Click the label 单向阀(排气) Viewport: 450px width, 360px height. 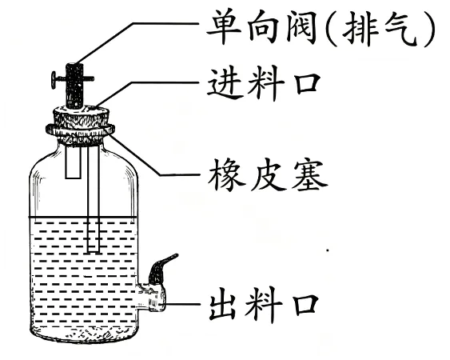click(321, 28)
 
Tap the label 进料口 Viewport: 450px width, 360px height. click(264, 83)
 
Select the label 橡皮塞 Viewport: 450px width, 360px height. click(268, 174)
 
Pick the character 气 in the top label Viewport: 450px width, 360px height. click(401, 29)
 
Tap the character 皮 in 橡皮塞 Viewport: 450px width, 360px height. click(268, 174)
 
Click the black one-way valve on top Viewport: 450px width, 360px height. click(74, 86)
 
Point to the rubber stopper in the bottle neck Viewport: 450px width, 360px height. click(81, 126)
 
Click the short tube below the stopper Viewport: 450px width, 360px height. click(73, 162)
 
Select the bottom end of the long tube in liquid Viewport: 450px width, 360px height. click(94, 253)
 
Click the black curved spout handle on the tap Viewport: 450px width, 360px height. click(161, 268)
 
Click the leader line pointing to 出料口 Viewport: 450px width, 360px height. click(182, 304)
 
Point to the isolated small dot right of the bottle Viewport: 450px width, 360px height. click(327, 250)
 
